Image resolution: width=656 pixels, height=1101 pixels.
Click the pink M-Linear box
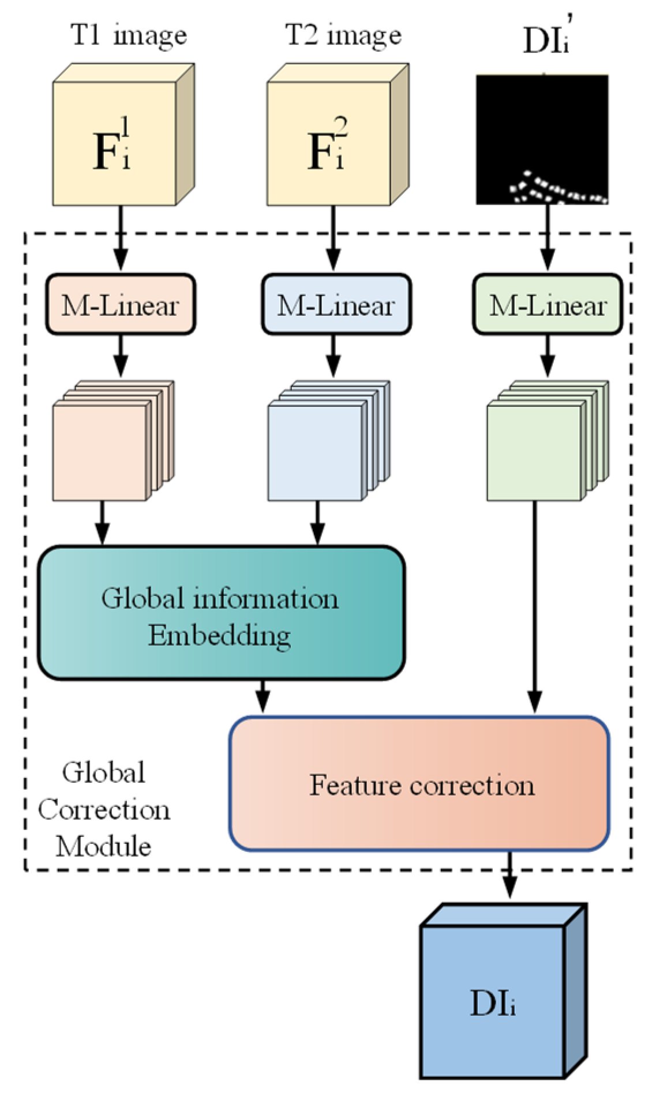(121, 304)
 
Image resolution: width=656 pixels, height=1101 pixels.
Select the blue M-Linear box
(336, 304)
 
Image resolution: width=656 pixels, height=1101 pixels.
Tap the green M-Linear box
(548, 304)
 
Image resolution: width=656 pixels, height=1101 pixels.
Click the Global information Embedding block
(220, 613)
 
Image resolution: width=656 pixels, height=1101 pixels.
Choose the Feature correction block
(419, 785)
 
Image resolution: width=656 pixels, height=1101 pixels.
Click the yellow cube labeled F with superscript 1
(115, 144)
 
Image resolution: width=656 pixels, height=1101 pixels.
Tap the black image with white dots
(542, 139)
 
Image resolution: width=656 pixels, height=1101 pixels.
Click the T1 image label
(128, 36)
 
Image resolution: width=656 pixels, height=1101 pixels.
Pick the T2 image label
(343, 36)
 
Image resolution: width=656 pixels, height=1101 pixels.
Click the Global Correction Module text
(104, 809)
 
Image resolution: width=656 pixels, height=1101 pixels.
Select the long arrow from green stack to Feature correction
(534, 605)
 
